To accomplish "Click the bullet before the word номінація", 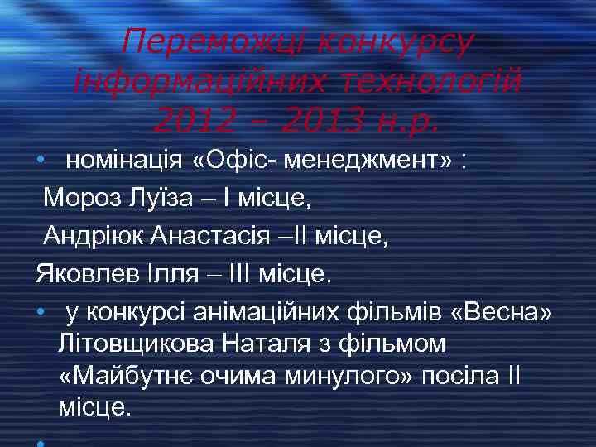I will click(x=41, y=161).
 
